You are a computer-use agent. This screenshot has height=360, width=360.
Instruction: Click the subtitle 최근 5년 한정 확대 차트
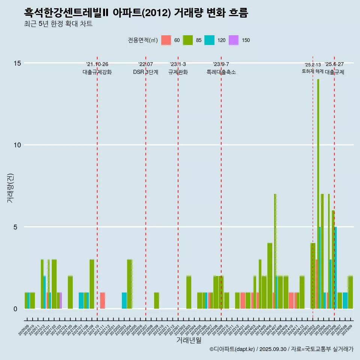(x=58, y=24)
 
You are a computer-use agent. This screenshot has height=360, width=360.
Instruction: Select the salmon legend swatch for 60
(x=166, y=40)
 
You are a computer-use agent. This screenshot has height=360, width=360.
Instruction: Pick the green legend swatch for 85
(x=188, y=40)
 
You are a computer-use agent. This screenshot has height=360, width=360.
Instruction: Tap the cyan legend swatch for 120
(x=209, y=40)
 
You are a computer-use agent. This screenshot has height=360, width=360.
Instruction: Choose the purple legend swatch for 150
(x=234, y=40)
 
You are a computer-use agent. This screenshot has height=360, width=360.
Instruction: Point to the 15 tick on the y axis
(x=17, y=63)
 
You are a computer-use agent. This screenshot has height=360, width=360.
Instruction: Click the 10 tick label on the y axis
(x=17, y=145)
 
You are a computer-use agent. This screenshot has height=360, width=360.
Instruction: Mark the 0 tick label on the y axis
(x=15, y=309)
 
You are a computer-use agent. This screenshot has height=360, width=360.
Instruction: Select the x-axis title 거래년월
(x=189, y=340)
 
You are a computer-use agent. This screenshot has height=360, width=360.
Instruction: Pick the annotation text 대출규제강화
(x=97, y=72)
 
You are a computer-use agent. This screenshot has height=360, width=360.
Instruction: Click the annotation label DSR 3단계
(x=145, y=72)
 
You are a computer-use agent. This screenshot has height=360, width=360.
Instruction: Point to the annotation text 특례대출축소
(x=221, y=72)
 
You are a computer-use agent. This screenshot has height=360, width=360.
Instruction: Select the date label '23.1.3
(x=178, y=64)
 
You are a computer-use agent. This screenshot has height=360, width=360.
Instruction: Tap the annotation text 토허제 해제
(x=312, y=71)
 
